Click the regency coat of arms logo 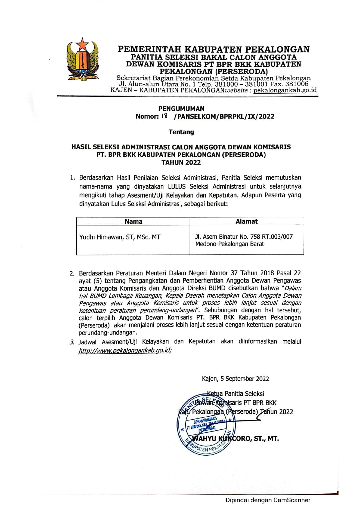coord(83,60)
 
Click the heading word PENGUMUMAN coord(181,109)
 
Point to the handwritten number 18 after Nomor coord(164,116)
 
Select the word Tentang coord(181,132)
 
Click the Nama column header coord(133,221)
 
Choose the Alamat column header coord(246,221)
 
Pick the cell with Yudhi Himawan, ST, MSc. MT coord(120,237)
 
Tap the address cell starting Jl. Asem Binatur coord(244,240)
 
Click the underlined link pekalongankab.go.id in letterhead coord(285,90)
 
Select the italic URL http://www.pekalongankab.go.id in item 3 coord(125,350)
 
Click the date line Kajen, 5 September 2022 coord(235,379)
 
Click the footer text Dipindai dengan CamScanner coord(268,500)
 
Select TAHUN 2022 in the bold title coord(181,162)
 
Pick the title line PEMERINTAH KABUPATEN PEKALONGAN coord(213,49)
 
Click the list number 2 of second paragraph coord(72,273)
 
